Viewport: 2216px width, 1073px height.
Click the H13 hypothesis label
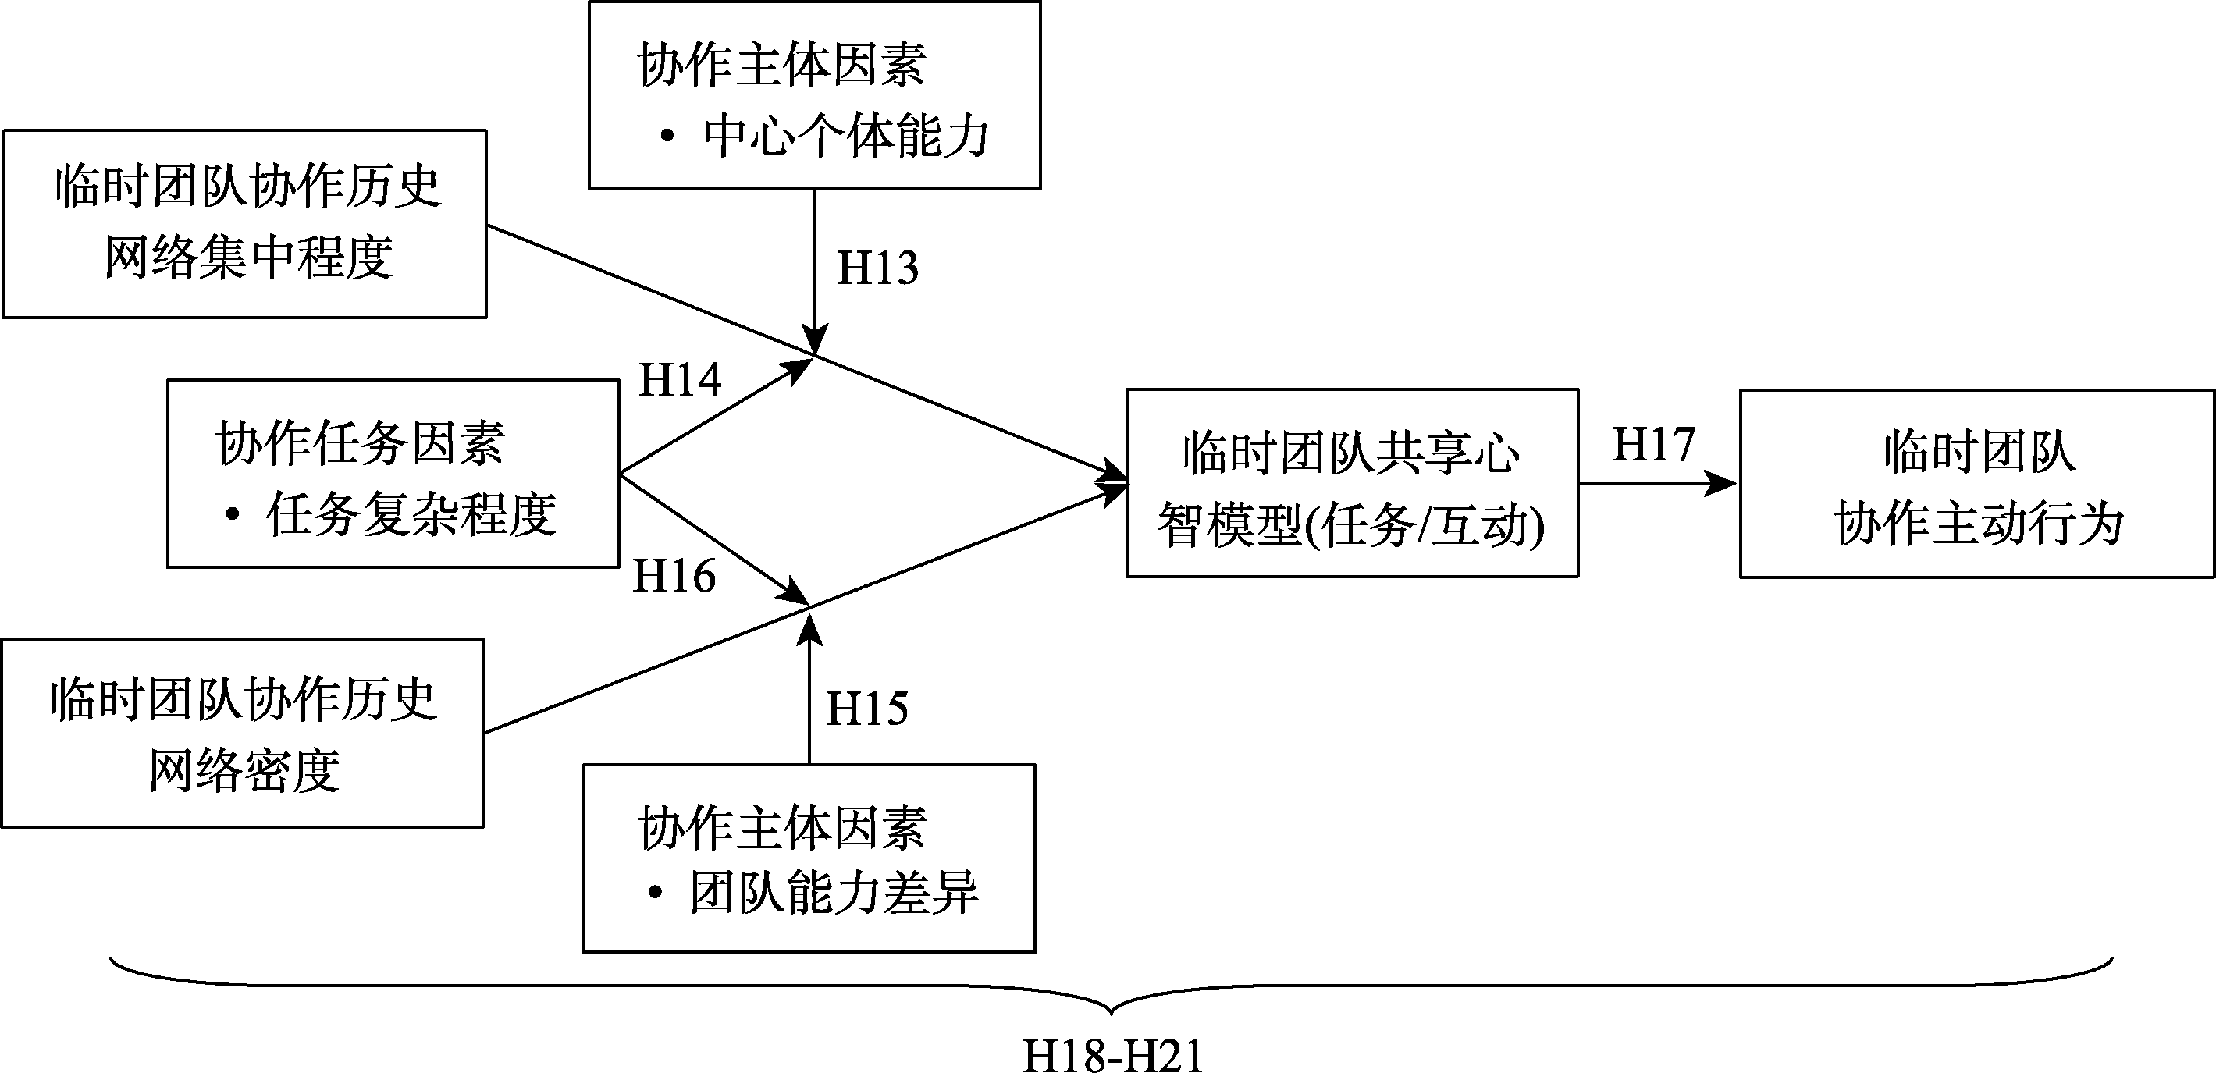pos(877,268)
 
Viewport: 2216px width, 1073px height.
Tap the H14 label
pos(680,380)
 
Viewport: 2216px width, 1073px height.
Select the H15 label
pos(867,709)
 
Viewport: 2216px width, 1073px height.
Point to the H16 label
pos(674,576)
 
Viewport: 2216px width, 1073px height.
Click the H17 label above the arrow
pos(1653,445)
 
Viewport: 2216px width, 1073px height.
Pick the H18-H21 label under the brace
pos(1112,1055)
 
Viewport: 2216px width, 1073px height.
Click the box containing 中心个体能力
pos(814,95)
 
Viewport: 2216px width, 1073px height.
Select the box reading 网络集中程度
pos(245,223)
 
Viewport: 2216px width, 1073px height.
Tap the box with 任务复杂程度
pos(393,474)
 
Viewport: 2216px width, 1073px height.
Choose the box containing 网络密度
pos(243,734)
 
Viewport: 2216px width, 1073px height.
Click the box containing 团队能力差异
pos(809,858)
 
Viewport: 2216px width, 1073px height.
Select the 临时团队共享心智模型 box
pos(1351,483)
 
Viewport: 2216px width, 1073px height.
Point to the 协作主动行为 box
pos(1977,484)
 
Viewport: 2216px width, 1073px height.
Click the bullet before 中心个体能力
pos(667,136)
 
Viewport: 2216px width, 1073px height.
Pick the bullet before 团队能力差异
pos(656,894)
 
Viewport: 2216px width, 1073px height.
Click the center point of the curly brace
pos(1112,1007)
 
